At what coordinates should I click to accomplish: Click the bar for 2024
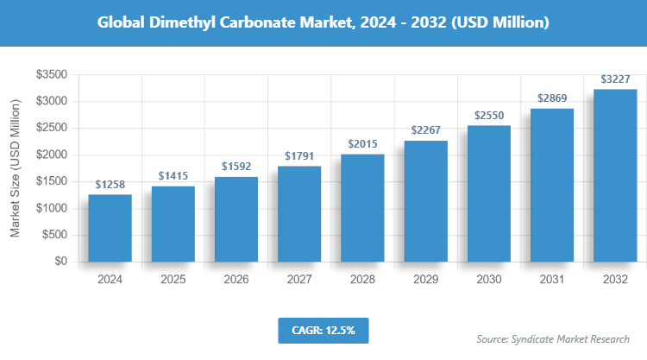coord(110,228)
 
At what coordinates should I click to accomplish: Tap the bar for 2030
coord(489,193)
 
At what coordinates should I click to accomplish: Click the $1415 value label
coord(173,176)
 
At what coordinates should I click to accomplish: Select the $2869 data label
coord(552,98)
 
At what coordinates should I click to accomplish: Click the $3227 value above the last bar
coord(615,79)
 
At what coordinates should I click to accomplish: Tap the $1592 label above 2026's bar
coord(236,166)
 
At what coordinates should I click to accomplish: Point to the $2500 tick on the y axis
coord(52,129)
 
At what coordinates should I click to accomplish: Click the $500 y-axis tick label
coord(55,235)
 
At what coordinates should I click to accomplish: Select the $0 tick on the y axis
coord(60,262)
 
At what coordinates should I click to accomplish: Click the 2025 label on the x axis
coord(173,280)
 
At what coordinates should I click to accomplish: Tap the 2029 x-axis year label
coord(425,280)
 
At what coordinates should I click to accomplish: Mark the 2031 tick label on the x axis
coord(552,280)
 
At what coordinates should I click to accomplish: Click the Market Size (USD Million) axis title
coord(15,168)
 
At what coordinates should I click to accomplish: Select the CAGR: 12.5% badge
coord(323,329)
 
